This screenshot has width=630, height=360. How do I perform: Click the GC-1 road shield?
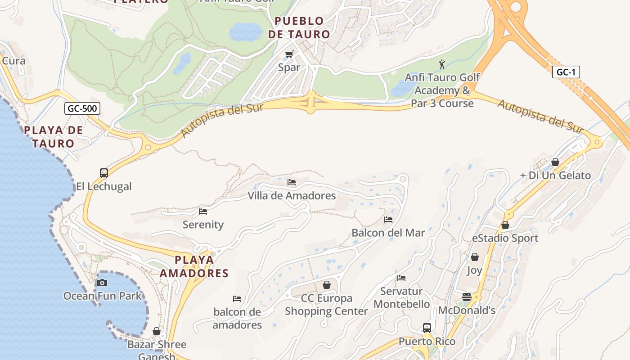pos(566,72)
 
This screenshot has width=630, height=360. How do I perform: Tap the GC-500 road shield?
pos(82,108)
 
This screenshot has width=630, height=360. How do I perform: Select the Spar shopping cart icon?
pos(289,54)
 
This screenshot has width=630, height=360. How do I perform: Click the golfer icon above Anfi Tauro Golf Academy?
pos(442,64)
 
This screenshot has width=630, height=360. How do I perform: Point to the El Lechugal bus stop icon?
pos(104,173)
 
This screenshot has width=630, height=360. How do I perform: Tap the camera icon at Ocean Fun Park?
pos(102,283)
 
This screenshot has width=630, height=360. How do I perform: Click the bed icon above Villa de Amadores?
pos(292,182)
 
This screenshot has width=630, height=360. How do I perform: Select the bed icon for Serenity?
pos(203,211)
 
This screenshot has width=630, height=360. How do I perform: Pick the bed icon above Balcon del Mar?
pos(388,220)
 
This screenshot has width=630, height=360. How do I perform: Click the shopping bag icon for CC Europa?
pos(327,285)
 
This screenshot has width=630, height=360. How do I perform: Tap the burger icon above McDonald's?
pos(467,297)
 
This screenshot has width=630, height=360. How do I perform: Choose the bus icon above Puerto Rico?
pos(427,328)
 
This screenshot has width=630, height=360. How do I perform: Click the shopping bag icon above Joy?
pos(475,257)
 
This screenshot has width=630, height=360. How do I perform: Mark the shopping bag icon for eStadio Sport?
pos(505,225)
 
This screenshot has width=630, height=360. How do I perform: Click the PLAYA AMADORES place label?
pos(194,266)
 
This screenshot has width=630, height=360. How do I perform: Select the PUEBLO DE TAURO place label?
pos(299,27)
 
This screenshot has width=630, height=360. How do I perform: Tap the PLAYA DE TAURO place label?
pos(53,137)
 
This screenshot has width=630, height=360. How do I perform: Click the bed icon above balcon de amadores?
pos(237,298)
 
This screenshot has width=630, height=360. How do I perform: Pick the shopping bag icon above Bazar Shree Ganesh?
pos(157,331)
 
